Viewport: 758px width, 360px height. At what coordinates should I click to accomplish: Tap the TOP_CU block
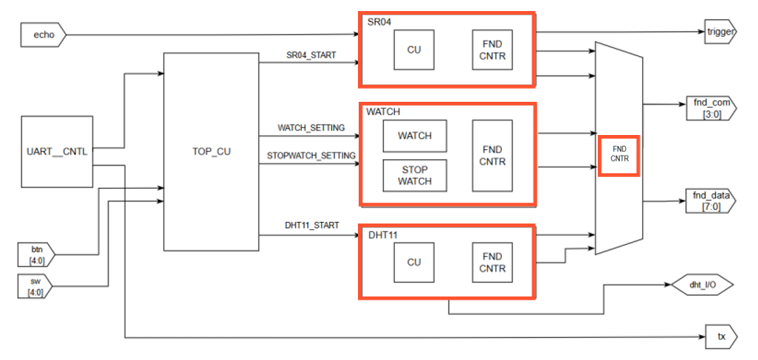(x=210, y=152)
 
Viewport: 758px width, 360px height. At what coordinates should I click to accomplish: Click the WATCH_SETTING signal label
(x=311, y=128)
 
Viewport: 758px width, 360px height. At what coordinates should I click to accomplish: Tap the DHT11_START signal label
(x=311, y=225)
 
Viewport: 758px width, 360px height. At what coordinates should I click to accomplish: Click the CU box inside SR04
(x=414, y=50)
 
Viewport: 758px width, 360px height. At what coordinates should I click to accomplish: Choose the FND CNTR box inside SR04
(x=492, y=50)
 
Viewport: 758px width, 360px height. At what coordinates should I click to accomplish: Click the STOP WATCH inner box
(x=414, y=175)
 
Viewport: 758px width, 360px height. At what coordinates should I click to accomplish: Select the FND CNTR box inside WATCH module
(x=492, y=156)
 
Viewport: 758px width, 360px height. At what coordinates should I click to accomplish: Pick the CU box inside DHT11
(x=414, y=263)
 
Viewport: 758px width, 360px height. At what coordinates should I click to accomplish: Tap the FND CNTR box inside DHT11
(x=492, y=263)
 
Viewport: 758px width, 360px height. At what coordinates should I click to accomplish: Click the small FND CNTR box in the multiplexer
(x=618, y=155)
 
